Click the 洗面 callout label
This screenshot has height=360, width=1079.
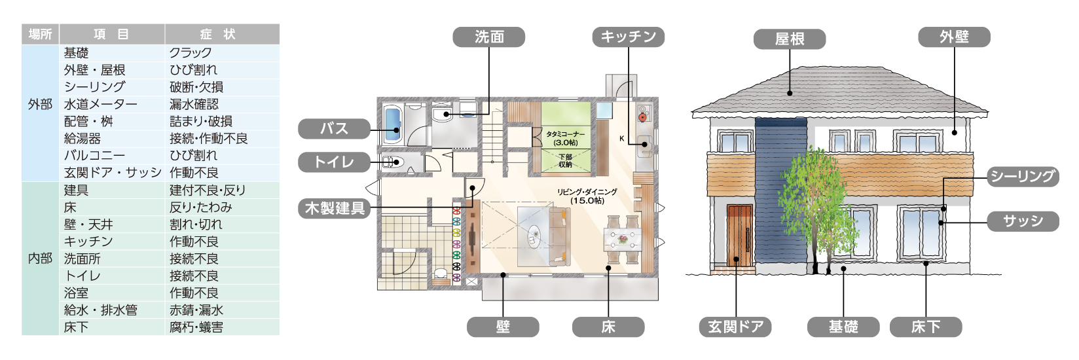tap(488, 37)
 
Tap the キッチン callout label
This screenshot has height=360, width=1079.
tap(628, 37)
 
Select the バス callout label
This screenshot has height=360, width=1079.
tap(334, 129)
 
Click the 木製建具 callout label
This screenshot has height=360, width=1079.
tap(334, 208)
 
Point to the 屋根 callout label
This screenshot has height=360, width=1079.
tap(790, 39)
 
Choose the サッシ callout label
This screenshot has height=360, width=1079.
tap(1023, 221)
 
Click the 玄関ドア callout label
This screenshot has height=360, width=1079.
tap(735, 327)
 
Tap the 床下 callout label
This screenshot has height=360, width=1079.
tap(926, 327)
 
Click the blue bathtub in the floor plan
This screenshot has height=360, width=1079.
tap(393, 124)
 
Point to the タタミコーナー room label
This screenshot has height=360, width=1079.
tap(566, 134)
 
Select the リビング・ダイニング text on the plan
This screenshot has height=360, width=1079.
tap(587, 192)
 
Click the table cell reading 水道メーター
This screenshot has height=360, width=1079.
tap(101, 105)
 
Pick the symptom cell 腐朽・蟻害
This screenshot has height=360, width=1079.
tap(196, 327)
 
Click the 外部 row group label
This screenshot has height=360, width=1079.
tap(40, 105)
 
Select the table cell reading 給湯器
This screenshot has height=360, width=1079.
tap(82, 139)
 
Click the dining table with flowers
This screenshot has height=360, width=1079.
tap(623, 239)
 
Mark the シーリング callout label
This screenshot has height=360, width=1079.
tap(1023, 177)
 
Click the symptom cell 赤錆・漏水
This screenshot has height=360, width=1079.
tap(196, 310)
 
